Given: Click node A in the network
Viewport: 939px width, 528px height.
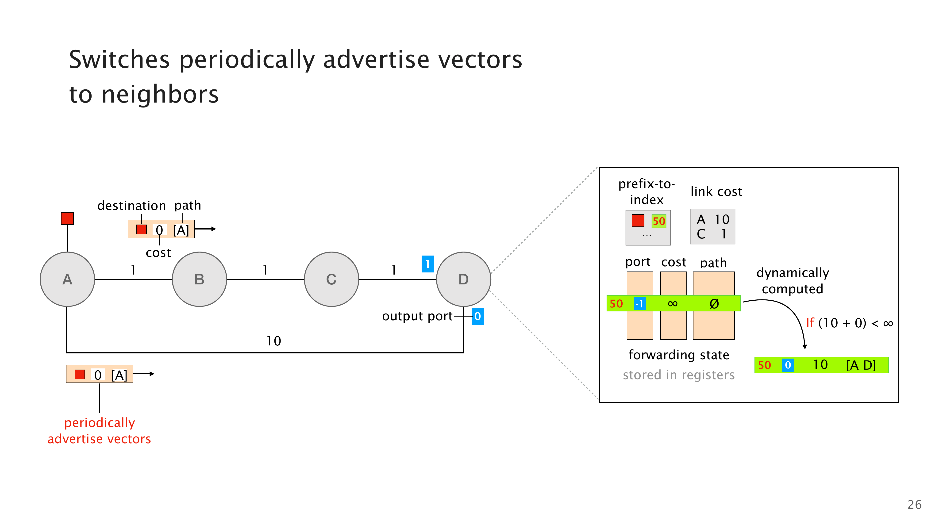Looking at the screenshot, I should (x=67, y=279).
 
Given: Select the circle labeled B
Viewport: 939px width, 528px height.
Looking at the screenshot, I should (x=199, y=279).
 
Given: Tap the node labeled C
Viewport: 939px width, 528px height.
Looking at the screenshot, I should (x=331, y=279).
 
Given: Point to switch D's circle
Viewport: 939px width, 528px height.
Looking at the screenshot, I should (x=463, y=279).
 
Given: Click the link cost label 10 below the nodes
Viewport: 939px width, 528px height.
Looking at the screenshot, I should (x=273, y=341).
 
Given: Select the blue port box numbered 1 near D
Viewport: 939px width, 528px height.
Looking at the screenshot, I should (x=427, y=264).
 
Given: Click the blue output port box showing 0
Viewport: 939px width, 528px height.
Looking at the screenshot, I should (x=477, y=316).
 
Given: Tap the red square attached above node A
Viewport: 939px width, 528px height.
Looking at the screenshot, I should (x=67, y=218).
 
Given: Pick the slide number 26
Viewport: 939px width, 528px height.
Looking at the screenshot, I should (x=914, y=505).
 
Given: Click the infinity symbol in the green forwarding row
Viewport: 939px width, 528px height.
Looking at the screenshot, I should (x=673, y=303).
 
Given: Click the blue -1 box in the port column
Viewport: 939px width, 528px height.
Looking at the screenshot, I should (x=640, y=303).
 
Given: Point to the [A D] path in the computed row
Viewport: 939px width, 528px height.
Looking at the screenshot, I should (x=861, y=365).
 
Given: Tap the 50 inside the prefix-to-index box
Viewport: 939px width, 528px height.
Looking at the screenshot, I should (x=659, y=221).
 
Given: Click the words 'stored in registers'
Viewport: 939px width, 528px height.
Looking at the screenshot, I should (x=679, y=375).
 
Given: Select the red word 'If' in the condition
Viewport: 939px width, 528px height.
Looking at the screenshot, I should (x=810, y=323).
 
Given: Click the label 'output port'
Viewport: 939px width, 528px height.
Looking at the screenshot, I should (x=417, y=316).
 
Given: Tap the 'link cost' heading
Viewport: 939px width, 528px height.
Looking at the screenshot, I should (x=716, y=192).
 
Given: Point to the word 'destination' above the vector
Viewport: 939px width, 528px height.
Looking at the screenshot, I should (x=132, y=206).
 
